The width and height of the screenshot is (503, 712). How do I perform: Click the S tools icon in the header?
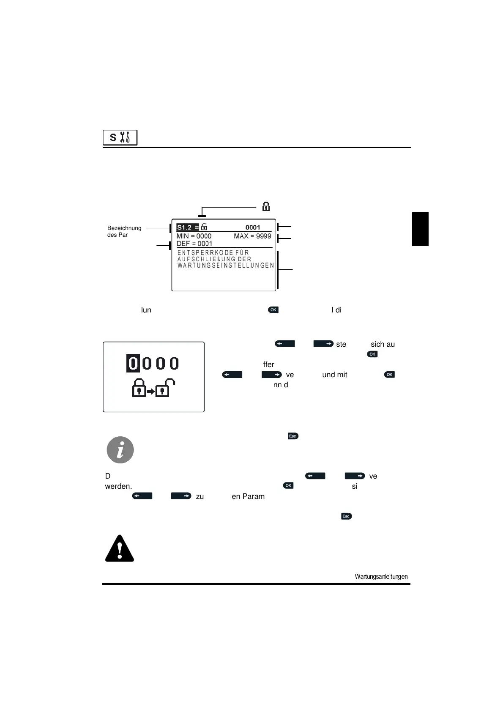120,138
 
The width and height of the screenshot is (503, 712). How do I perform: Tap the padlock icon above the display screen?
266,206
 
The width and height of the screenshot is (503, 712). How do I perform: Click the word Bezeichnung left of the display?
124,228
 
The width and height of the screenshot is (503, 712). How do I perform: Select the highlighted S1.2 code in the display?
184,227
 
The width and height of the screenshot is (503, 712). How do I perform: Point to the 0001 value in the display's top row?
253,227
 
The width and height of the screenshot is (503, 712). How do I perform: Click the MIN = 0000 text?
194,236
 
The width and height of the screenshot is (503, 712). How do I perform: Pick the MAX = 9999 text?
252,236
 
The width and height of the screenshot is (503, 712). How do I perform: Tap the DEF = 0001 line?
194,244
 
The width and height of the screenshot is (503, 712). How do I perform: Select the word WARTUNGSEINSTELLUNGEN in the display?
226,266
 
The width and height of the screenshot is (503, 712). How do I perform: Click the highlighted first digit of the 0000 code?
133,363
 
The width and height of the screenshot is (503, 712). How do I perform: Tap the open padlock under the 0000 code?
165,388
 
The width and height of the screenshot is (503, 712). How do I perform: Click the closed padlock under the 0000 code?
139,388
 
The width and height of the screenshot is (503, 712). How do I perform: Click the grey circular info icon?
120,450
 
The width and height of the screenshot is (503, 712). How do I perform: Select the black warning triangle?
120,549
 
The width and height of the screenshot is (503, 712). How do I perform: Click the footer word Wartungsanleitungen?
381,576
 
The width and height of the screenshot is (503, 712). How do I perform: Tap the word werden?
118,486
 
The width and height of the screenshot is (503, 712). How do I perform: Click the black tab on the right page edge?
420,229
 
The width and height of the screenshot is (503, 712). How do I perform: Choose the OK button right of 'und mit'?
389,375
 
